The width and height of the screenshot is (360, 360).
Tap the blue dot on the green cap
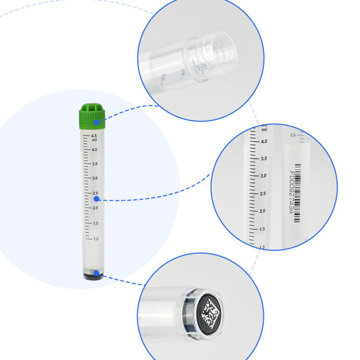(x=97, y=122)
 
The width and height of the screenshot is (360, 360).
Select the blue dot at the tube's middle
(x=97, y=199)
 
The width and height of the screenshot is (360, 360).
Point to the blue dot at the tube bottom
(x=97, y=274)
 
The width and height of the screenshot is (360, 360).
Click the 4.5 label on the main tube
(x=94, y=136)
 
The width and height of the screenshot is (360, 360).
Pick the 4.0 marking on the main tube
(x=94, y=150)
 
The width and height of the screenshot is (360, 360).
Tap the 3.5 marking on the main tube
(x=94, y=164)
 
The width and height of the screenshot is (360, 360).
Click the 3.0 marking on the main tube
(x=94, y=178)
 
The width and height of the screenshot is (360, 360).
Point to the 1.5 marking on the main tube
(x=94, y=223)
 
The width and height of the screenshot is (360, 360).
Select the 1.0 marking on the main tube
(x=94, y=238)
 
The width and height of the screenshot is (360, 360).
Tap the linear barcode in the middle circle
(x=298, y=191)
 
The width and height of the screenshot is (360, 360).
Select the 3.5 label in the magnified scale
(x=263, y=159)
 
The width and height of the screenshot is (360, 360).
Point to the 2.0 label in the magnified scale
(x=262, y=211)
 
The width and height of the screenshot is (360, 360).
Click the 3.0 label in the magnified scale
(x=263, y=176)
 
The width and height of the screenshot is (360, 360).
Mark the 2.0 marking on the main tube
(x=94, y=208)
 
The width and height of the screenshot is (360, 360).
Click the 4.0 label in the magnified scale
(x=263, y=141)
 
